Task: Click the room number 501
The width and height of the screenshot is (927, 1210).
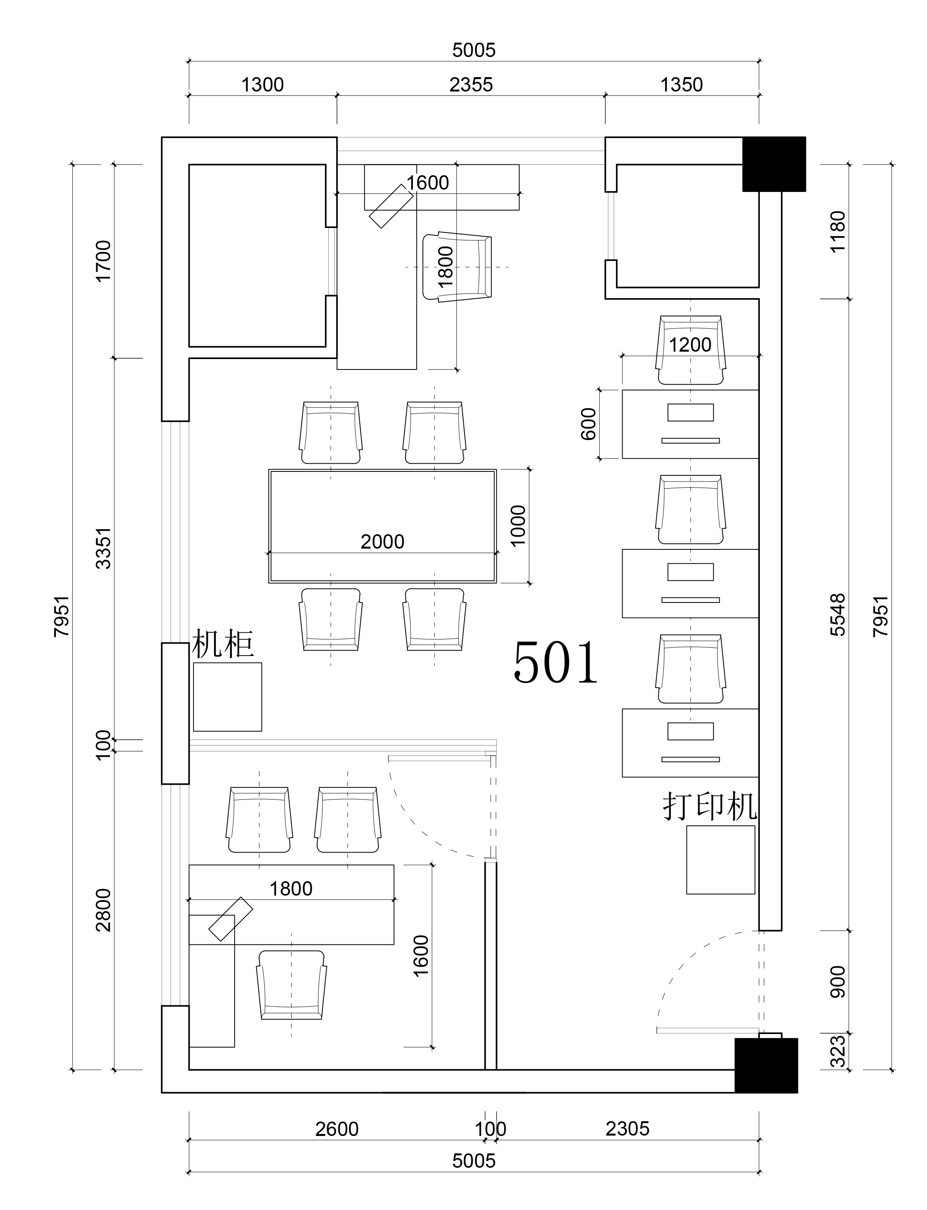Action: tap(556, 662)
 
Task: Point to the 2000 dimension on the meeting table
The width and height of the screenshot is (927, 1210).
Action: tap(382, 542)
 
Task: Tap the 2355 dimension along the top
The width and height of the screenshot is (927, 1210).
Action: tap(471, 85)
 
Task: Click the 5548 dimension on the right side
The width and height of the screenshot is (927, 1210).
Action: tap(837, 614)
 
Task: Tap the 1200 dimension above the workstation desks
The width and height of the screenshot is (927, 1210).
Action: tap(690, 345)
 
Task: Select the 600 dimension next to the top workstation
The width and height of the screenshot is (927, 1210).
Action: tap(589, 424)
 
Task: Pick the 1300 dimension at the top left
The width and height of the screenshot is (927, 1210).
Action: tap(262, 85)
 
